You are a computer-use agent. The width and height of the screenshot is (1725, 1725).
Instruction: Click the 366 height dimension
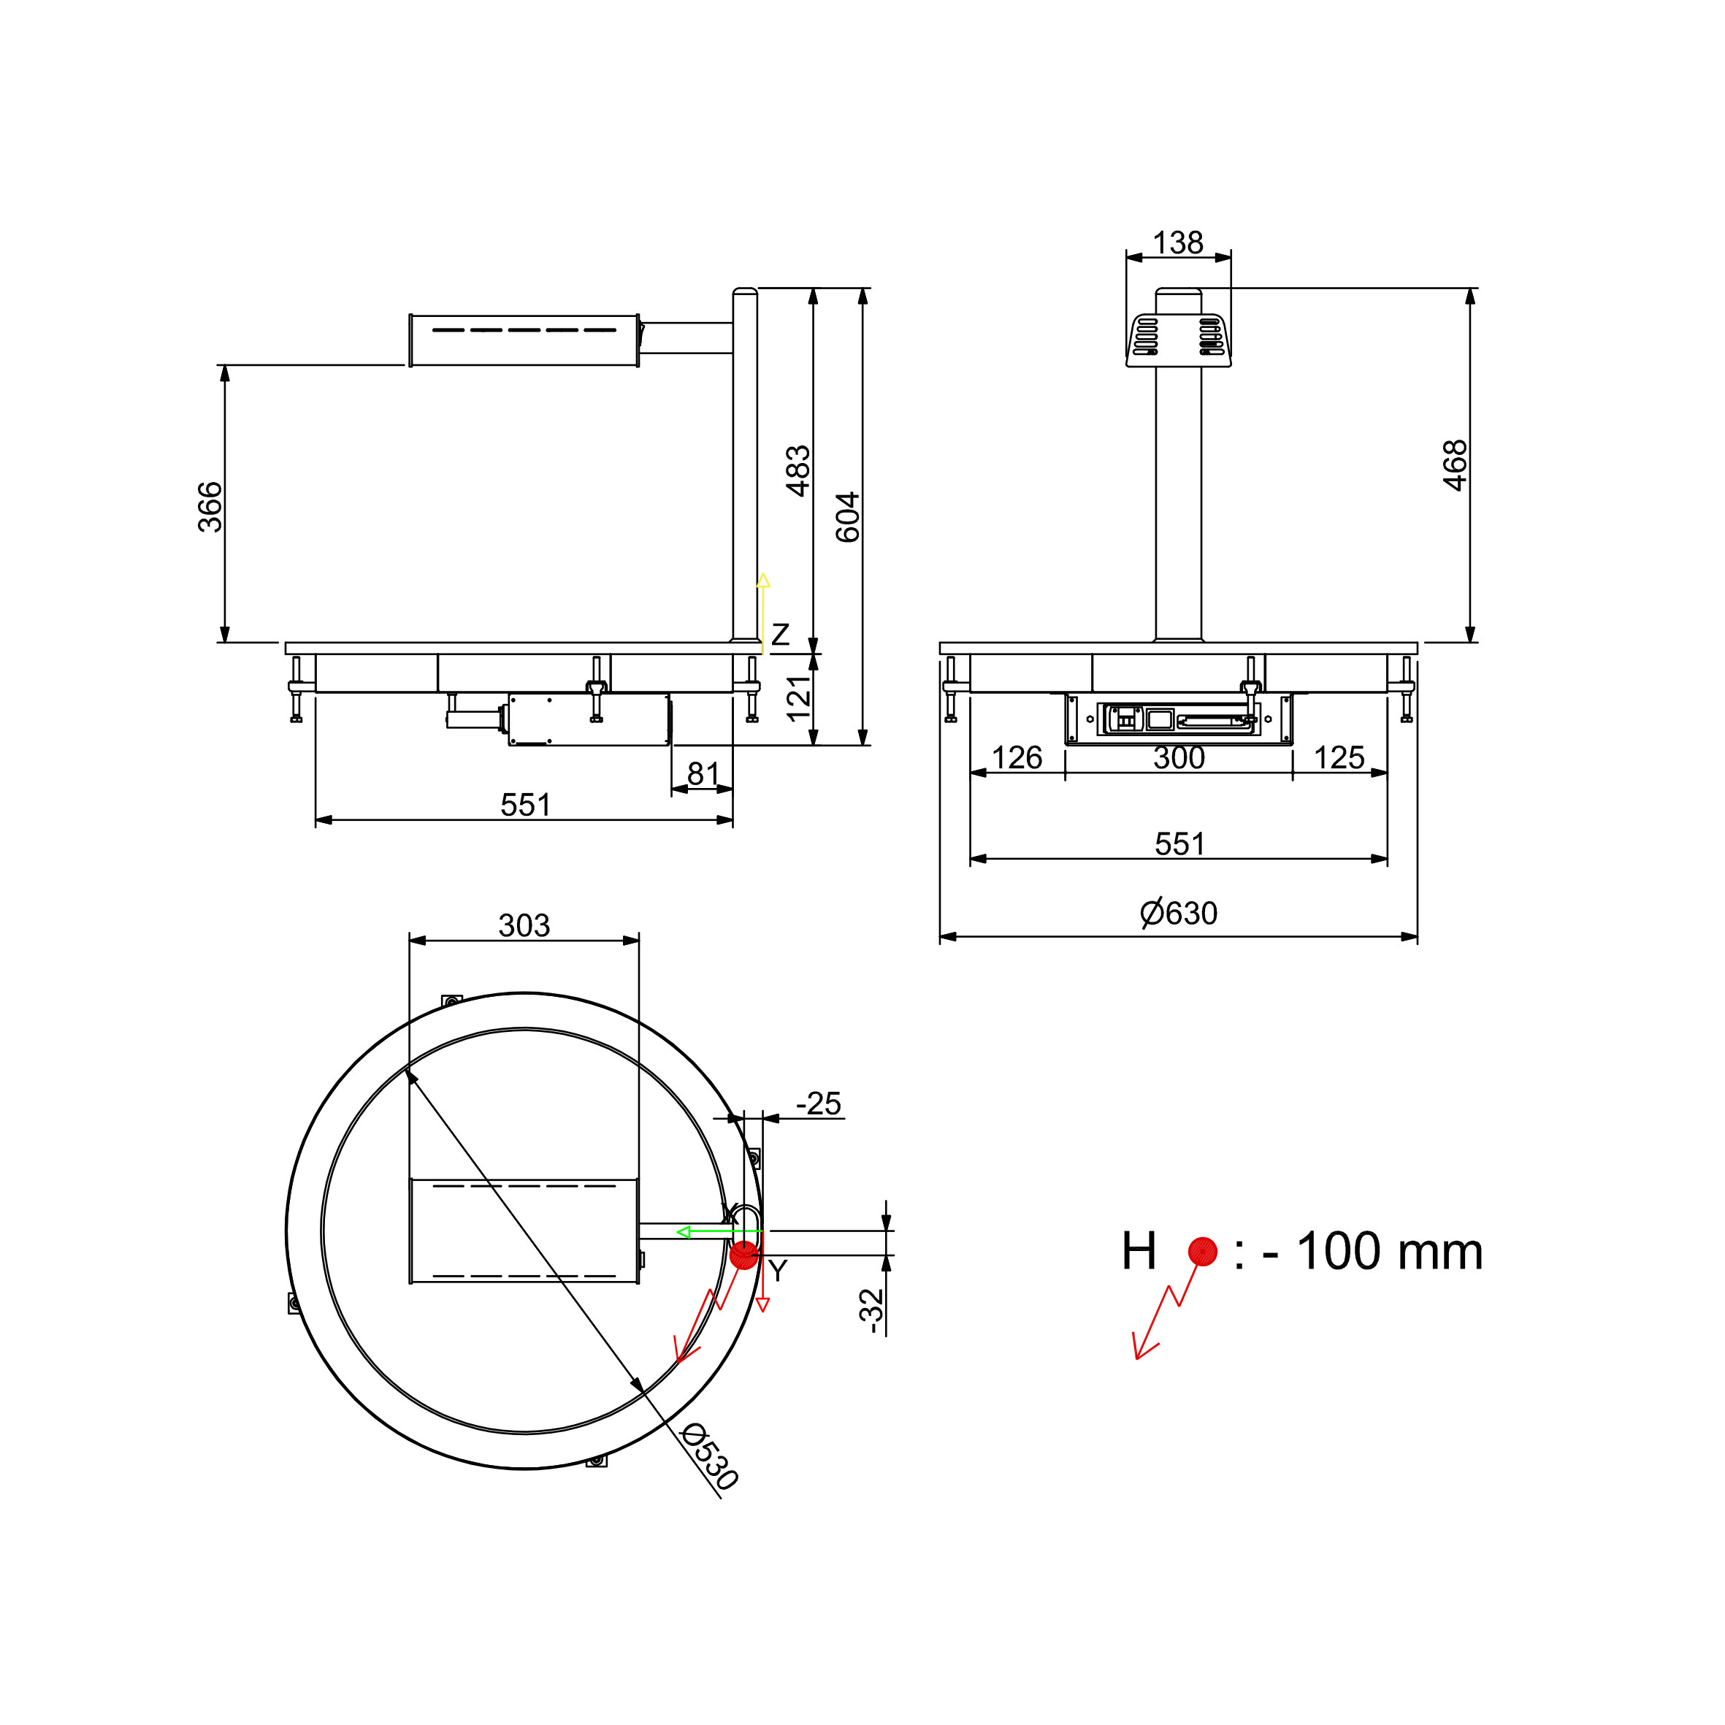click(x=210, y=506)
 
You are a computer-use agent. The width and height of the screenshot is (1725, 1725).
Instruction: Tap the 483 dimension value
click(x=798, y=470)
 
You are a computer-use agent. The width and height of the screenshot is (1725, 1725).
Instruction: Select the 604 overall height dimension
click(x=847, y=517)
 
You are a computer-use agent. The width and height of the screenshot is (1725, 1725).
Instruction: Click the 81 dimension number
click(x=703, y=773)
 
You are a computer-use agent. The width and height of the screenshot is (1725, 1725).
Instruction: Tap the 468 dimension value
click(x=1456, y=465)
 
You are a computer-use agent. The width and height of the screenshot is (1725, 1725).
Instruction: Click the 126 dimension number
click(x=1017, y=757)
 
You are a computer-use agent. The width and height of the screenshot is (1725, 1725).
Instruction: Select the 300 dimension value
click(x=1179, y=757)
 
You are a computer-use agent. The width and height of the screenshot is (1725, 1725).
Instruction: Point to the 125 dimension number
click(x=1339, y=757)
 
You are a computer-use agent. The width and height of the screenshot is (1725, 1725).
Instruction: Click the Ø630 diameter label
click(x=1179, y=914)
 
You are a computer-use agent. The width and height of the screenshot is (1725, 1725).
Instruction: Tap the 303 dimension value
click(x=524, y=925)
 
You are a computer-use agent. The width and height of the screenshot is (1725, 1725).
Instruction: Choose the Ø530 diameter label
click(x=710, y=1458)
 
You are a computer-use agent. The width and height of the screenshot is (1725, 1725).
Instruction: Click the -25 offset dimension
click(x=819, y=1104)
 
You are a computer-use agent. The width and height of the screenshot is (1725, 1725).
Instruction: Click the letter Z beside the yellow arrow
click(x=781, y=635)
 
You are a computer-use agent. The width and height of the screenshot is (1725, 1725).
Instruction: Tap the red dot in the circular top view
click(x=743, y=1255)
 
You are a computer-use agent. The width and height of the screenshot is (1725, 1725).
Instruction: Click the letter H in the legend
click(x=1139, y=1251)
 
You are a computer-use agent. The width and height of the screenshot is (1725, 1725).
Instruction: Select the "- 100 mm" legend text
click(x=1373, y=1251)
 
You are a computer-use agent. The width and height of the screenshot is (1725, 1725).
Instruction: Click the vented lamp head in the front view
click(x=1179, y=340)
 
